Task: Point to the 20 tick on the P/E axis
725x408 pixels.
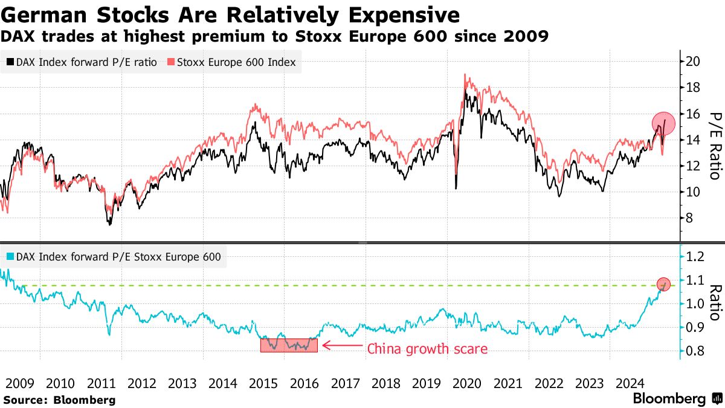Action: pos(694,61)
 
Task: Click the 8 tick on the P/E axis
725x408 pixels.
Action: pos(691,218)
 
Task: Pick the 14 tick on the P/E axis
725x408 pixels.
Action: pos(694,140)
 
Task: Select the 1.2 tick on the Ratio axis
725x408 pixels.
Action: pos(697,257)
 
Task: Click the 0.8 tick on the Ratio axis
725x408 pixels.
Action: pos(697,351)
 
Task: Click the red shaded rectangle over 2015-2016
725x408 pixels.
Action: pos(289,345)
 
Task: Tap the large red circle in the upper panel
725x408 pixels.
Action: pos(663,123)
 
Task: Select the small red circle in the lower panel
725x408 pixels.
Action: pos(664,284)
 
